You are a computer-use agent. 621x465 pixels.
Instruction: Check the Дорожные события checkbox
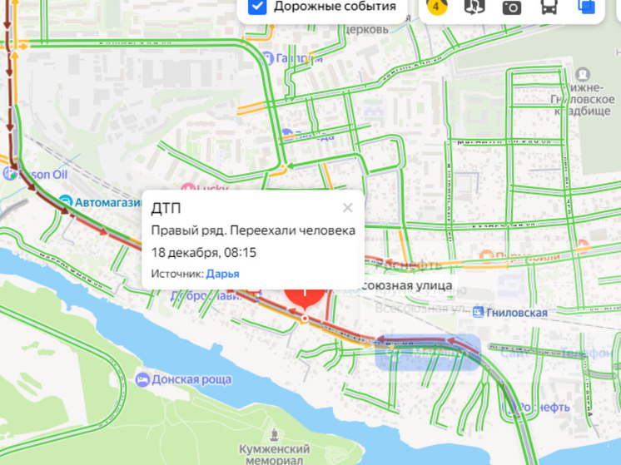click(258, 7)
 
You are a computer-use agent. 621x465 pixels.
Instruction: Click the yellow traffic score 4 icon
click(435, 7)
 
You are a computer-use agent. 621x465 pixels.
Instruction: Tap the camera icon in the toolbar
click(511, 7)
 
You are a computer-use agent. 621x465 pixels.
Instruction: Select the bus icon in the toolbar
click(549, 7)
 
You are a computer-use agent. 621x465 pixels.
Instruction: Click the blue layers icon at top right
click(587, 7)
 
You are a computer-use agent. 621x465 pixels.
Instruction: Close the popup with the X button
click(347, 208)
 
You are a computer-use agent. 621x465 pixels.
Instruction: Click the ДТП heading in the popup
click(166, 209)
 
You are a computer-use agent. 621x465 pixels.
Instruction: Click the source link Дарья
click(222, 274)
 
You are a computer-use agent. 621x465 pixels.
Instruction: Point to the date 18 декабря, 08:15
click(203, 252)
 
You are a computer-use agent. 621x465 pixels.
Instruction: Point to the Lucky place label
click(212, 189)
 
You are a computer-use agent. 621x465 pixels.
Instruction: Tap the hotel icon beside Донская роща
click(142, 380)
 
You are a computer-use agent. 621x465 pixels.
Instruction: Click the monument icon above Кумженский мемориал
click(276, 434)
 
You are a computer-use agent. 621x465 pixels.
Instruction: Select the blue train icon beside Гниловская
click(478, 312)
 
